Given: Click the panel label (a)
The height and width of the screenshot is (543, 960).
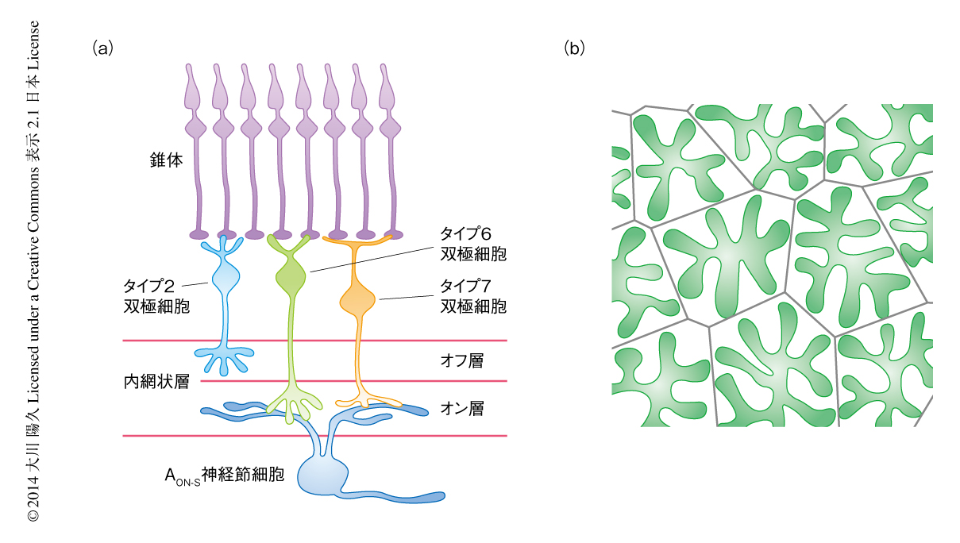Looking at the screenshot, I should click(103, 48).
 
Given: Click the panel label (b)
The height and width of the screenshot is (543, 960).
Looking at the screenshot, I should click(574, 48).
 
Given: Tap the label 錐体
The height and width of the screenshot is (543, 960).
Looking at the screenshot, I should click(165, 160).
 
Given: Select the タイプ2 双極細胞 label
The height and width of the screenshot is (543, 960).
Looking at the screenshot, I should click(156, 294).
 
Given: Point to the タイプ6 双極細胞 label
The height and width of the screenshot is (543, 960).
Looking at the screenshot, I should click(472, 245).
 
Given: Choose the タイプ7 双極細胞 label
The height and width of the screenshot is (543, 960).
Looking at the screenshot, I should click(472, 295).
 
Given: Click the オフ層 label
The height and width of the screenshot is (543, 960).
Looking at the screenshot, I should click(461, 361).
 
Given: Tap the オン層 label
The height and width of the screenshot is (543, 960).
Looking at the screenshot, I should click(461, 409).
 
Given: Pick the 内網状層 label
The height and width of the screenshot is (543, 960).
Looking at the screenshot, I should click(156, 382).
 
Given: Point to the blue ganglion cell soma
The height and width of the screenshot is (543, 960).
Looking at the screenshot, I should click(326, 476).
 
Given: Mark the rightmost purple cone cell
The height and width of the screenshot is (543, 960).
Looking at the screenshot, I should click(389, 151).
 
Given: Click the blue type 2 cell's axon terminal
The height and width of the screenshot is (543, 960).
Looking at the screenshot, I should click(225, 359).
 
